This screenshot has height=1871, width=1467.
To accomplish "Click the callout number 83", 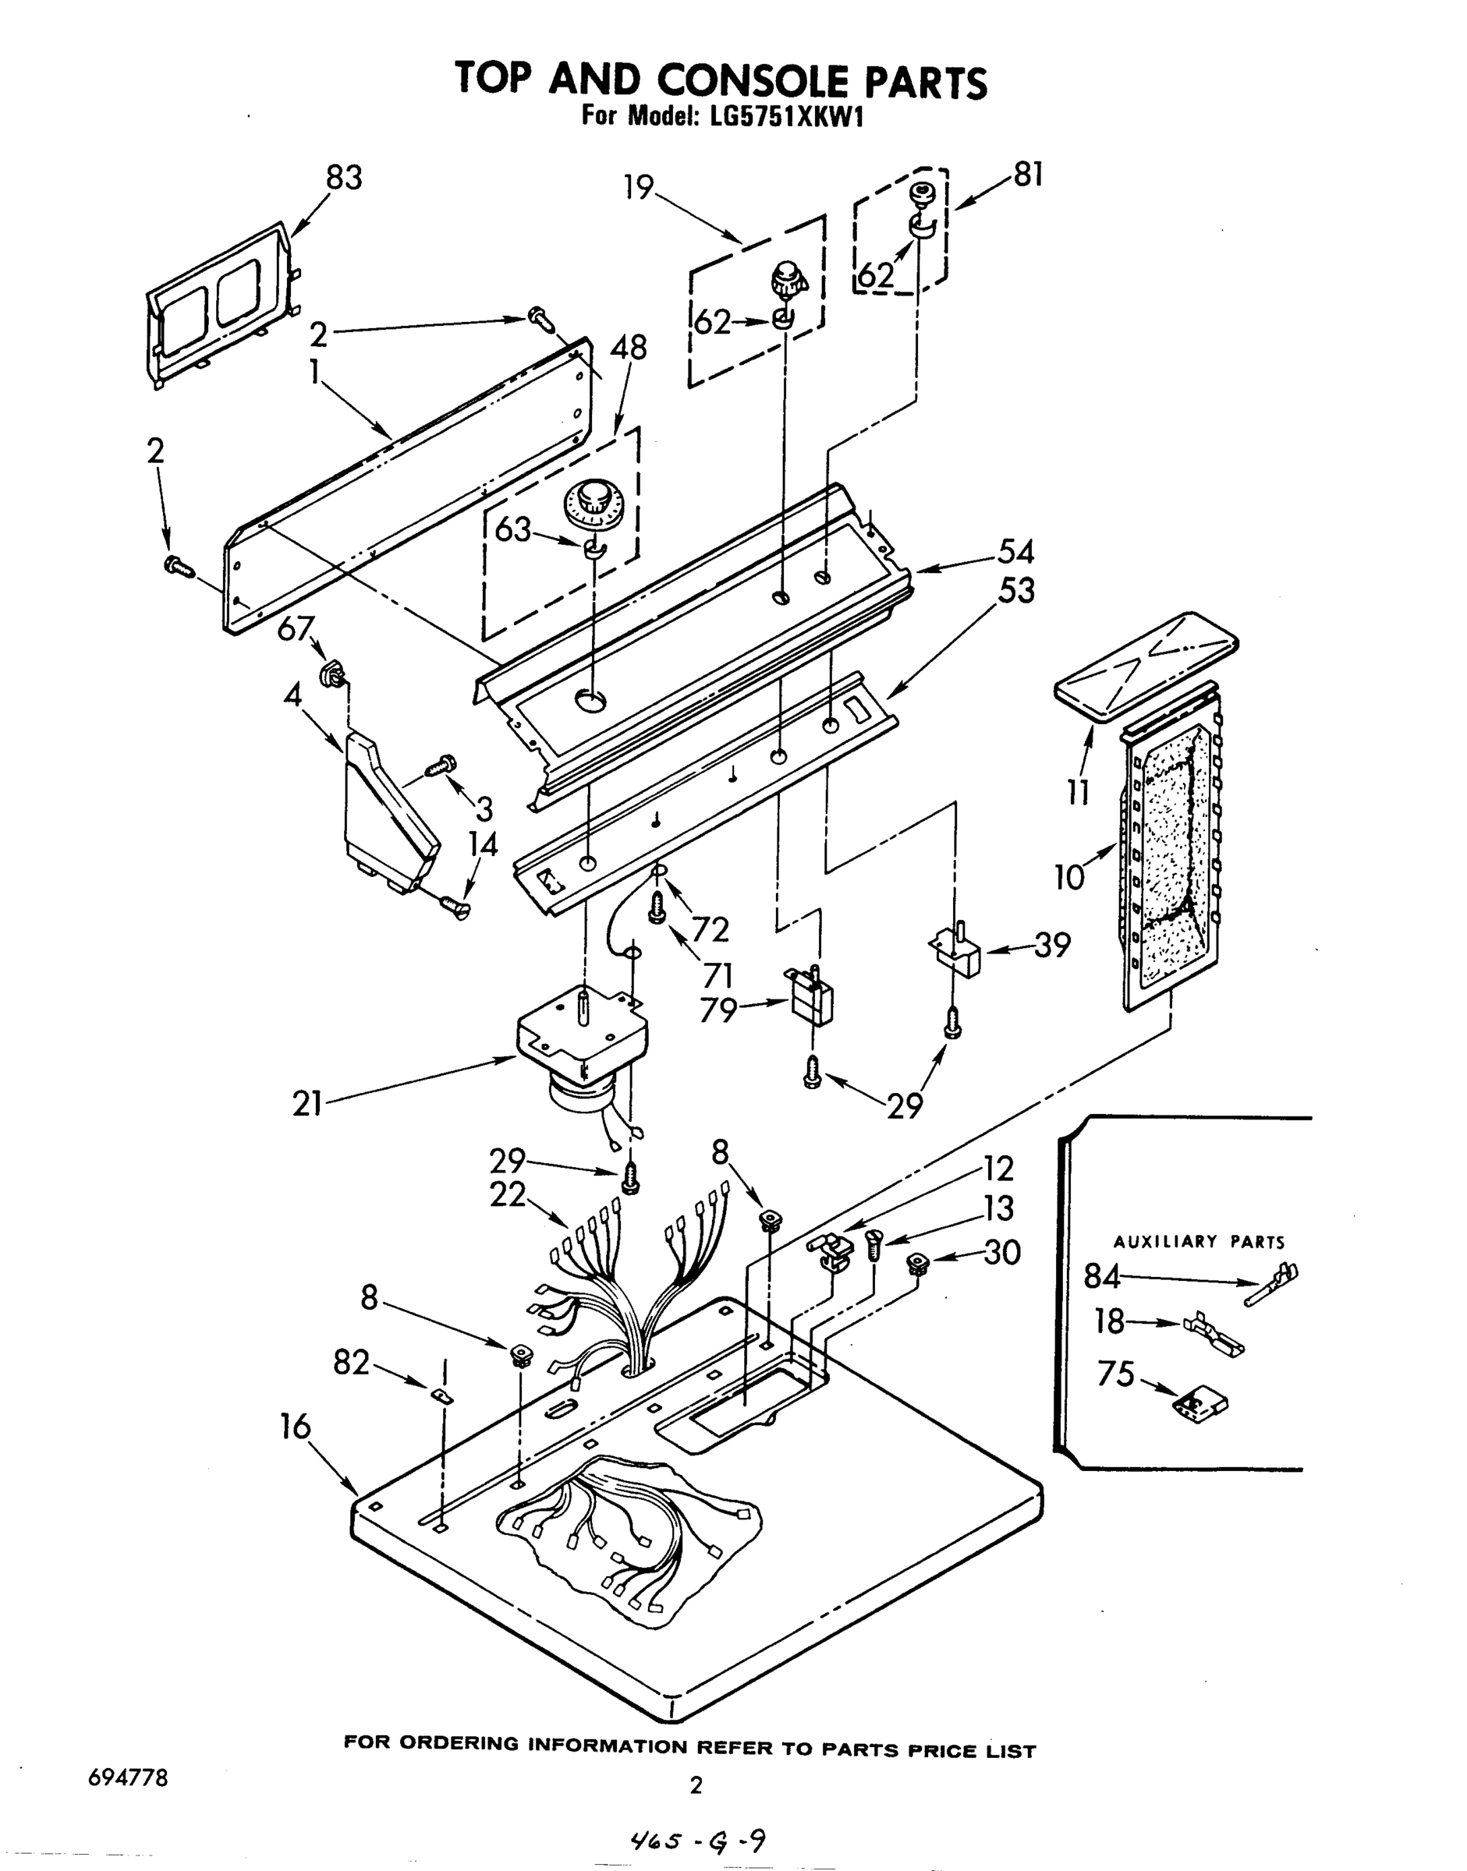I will tap(344, 178).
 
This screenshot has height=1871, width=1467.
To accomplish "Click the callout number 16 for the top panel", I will tap(295, 1427).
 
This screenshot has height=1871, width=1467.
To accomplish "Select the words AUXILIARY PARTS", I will tap(1198, 1242).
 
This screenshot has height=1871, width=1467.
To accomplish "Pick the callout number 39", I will tap(1052, 946).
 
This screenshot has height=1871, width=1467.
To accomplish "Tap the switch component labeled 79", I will tap(811, 998).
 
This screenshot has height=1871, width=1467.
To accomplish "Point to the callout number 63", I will tap(512, 530).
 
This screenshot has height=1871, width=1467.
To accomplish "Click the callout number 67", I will tap(295, 628).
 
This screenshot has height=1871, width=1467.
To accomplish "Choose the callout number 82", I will tap(350, 1363).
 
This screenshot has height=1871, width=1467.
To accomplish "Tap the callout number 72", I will tap(710, 929).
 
